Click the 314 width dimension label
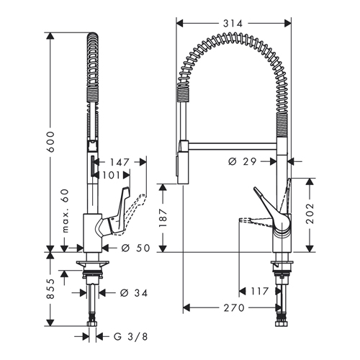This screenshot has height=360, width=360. [233, 24]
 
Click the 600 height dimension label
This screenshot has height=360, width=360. [50, 142]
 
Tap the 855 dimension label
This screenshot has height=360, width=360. [50, 289]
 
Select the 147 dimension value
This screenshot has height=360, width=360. [120, 162]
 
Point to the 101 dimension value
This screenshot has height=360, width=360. [111, 176]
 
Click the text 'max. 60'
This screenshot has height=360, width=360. [65, 211]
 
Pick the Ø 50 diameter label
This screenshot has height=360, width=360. [135, 248]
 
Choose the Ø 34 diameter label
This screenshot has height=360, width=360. [134, 293]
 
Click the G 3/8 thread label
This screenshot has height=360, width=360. [130, 337]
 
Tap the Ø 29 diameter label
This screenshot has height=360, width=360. [243, 162]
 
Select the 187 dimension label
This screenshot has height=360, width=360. [163, 217]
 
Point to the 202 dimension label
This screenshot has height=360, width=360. [310, 213]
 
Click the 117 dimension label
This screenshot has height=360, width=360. [259, 292]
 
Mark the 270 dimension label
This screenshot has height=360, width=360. [234, 307]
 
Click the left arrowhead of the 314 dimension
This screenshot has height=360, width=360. [180, 24]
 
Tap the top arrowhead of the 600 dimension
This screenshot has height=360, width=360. [50, 36]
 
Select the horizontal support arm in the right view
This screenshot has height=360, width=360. [233, 145]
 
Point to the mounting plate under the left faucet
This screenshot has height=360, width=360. [93, 264]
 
